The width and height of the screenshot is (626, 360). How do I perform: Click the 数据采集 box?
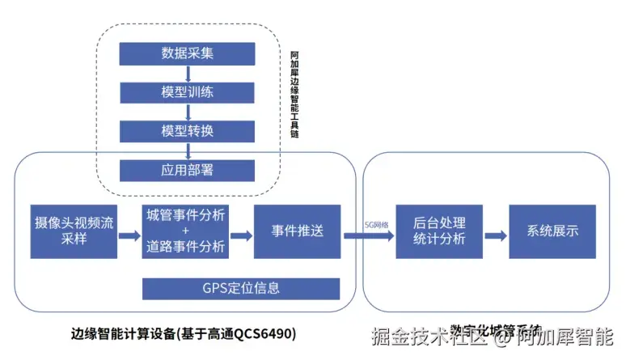[187, 53]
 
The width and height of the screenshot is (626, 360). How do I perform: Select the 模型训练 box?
[187, 92]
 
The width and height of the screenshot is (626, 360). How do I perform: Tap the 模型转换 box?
[187, 131]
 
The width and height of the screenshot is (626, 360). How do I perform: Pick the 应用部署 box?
[187, 170]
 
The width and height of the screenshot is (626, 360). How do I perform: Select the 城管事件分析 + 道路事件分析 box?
[186, 231]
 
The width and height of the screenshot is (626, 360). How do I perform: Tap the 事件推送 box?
[297, 231]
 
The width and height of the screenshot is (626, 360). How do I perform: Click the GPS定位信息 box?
[240, 288]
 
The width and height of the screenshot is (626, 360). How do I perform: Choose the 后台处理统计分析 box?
[439, 231]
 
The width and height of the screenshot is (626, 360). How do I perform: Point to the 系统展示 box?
[552, 231]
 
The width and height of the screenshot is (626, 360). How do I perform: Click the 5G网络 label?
[377, 224]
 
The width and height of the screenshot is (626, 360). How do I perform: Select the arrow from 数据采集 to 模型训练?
[187, 73]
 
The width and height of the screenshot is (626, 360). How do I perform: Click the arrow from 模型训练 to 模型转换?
[187, 112]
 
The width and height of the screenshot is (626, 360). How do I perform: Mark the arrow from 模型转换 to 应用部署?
[187, 150]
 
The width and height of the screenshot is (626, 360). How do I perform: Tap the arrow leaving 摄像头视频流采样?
[129, 236]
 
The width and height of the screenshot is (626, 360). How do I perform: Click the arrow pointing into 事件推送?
[241, 236]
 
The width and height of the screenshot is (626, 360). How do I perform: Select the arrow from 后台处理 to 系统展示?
[497, 235]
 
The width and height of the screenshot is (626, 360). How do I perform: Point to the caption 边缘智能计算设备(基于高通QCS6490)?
[184, 333]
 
